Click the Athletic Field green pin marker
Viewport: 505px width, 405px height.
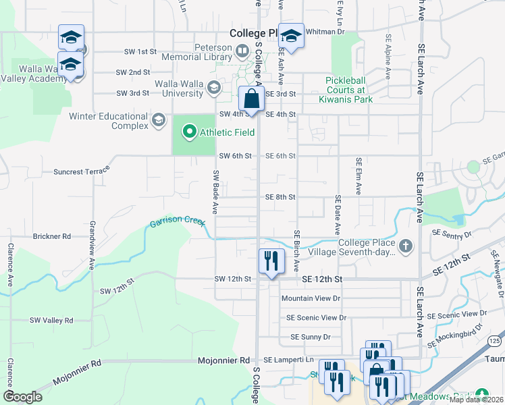click(190, 132)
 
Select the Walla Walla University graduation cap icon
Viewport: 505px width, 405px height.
click(214, 88)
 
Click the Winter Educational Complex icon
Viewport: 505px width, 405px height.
click(159, 120)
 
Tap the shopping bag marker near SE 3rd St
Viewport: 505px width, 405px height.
click(251, 99)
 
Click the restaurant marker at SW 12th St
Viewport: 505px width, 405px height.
click(271, 261)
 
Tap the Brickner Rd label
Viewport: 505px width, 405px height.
click(52, 236)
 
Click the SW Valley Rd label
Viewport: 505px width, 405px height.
click(52, 320)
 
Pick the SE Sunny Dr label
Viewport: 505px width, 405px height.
click(311, 337)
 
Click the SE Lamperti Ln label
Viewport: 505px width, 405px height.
click(289, 360)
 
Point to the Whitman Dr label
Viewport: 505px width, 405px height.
click(325, 32)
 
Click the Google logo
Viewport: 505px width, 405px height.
click(23, 397)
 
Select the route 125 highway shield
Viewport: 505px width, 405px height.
click(496, 342)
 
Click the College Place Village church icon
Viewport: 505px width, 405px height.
click(405, 246)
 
